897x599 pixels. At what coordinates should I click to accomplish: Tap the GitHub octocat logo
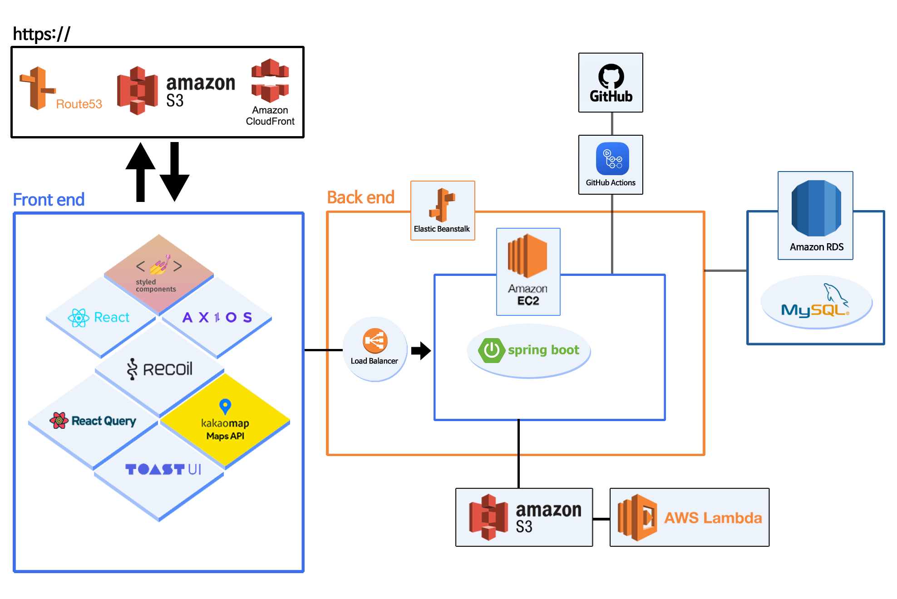611,76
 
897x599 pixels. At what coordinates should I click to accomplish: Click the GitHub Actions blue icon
612,159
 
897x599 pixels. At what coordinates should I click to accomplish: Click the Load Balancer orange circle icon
375,340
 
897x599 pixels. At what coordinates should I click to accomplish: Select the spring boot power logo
491,350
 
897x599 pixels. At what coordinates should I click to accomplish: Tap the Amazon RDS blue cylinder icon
816,208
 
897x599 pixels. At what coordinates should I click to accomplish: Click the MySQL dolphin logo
835,294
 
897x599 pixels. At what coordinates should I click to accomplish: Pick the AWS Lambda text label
713,518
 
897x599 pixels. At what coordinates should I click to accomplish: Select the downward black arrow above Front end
175,172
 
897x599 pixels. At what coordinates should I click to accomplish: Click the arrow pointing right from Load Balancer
421,350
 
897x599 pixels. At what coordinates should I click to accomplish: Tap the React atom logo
79,318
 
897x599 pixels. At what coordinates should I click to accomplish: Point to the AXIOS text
217,317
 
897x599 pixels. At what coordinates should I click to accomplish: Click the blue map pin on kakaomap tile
225,406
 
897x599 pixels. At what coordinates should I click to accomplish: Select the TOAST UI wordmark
163,469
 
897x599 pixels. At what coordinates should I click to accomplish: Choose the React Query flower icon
59,421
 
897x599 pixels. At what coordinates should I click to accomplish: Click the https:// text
42,34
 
